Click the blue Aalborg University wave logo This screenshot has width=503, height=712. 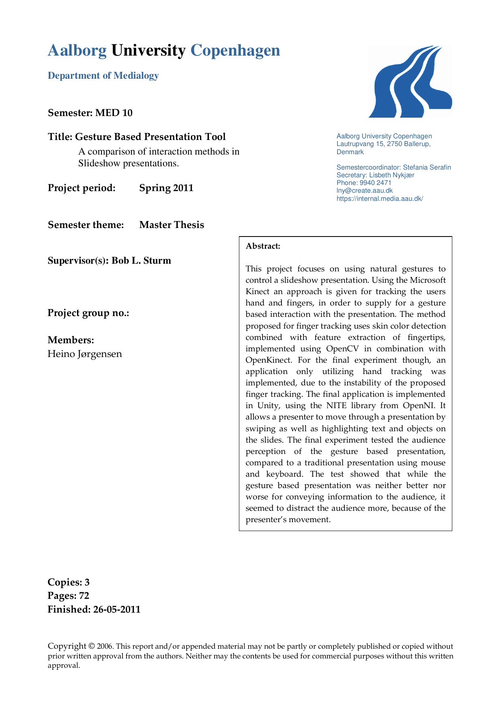[410, 82]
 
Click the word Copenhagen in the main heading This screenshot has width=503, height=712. [235, 51]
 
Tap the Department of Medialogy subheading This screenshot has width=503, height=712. [103, 76]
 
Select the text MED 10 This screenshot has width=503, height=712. [114, 113]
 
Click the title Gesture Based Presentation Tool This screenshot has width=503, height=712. [150, 137]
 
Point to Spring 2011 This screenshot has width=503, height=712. [166, 188]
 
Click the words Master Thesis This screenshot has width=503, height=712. [172, 225]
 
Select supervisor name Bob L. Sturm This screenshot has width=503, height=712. [141, 260]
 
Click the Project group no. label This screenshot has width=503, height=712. [88, 313]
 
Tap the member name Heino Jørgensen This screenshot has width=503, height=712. [85, 354]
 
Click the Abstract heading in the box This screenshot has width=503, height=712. [263, 246]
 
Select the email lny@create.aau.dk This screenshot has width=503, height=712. [364, 191]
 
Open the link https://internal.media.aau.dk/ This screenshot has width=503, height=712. [380, 199]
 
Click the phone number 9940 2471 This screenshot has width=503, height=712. [375, 183]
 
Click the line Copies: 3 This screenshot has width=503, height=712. [69, 582]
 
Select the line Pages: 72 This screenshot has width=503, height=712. [68, 596]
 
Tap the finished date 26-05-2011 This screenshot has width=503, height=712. [117, 609]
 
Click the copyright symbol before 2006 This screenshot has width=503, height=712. [92, 646]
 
